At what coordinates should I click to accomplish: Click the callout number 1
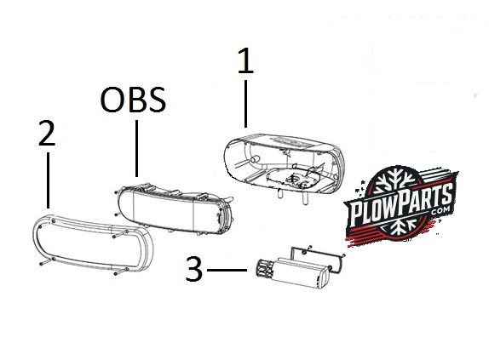tap(245, 61)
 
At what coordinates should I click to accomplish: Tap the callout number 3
tap(194, 269)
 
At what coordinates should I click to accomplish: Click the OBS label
tap(133, 100)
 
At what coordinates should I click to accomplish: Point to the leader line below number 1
tap(245, 104)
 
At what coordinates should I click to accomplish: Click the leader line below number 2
tap(48, 180)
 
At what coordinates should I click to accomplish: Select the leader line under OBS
tap(136, 148)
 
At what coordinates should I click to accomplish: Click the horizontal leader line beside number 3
tap(227, 270)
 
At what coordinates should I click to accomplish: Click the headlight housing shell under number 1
tap(284, 165)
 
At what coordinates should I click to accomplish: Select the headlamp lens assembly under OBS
tap(175, 208)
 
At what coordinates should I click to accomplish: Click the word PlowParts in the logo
tap(401, 204)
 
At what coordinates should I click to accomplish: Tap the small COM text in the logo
tap(441, 210)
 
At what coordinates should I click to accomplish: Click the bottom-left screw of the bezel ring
tap(45, 261)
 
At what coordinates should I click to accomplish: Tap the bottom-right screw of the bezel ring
tap(121, 271)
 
